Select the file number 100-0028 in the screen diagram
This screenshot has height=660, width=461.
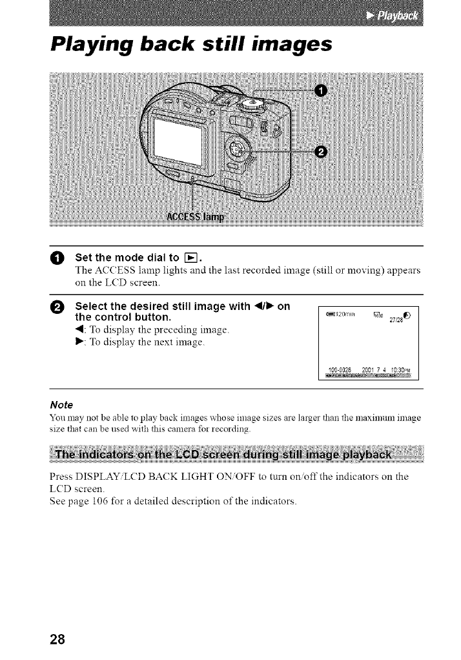click(343, 370)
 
